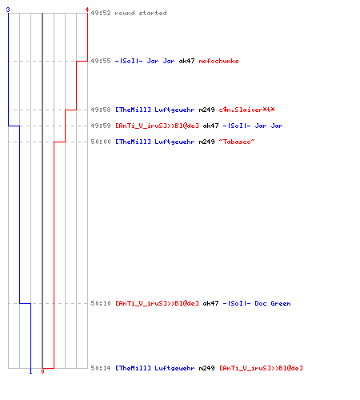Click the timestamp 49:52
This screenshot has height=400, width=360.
point(101,13)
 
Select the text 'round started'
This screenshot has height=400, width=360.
point(141,13)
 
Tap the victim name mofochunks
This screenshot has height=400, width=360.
point(218,61)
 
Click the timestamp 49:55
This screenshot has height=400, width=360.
point(101,61)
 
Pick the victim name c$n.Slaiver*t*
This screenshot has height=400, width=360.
point(246,110)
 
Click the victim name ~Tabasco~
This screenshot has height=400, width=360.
point(237,142)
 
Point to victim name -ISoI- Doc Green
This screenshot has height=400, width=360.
point(257,303)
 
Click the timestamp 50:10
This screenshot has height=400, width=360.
point(101,303)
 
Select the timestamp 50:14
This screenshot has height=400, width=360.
point(101,368)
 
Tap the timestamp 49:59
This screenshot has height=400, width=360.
point(101,126)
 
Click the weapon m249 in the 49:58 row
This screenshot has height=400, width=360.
point(206,110)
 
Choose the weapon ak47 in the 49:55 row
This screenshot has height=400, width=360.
point(186,61)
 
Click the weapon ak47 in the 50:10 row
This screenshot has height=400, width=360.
point(210,303)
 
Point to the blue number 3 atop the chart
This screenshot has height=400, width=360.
point(8,10)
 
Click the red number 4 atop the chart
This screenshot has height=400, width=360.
point(87,10)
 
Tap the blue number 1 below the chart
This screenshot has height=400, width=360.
point(30,371)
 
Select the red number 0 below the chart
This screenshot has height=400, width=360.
point(42,371)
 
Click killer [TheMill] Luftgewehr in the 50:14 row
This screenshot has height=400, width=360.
point(154,368)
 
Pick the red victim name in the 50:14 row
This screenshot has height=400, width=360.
point(261,368)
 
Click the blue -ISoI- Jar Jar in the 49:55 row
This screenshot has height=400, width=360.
point(145,61)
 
